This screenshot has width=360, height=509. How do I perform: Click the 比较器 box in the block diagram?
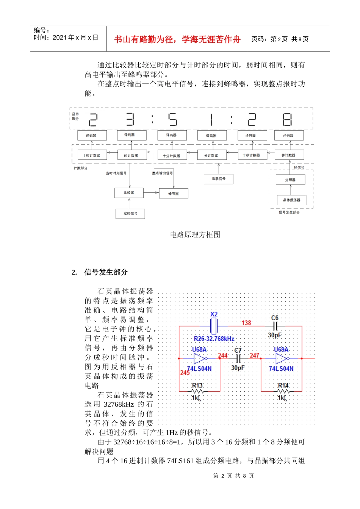(129, 193)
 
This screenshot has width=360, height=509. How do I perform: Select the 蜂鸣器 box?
(174, 194)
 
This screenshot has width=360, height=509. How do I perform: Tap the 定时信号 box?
(130, 214)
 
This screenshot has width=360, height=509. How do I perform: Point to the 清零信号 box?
(219, 179)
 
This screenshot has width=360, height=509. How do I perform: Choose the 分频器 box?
(290, 180)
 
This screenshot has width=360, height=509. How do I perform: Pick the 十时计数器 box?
(92, 155)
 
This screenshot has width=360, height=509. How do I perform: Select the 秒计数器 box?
(288, 155)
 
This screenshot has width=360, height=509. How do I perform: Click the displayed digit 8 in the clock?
(287, 120)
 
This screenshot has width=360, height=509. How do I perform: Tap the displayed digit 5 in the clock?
(172, 120)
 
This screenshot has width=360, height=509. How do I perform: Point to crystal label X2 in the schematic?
(214, 314)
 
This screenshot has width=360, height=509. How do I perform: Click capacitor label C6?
(275, 318)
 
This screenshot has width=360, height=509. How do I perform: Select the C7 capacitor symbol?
(238, 358)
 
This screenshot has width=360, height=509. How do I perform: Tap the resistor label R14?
(283, 385)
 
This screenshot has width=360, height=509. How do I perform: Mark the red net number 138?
(246, 323)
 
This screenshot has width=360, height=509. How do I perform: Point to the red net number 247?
(254, 355)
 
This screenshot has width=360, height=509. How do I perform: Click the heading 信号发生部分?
(106, 272)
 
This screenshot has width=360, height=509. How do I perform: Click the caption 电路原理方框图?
(195, 235)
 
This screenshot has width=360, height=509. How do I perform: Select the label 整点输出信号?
(163, 173)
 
